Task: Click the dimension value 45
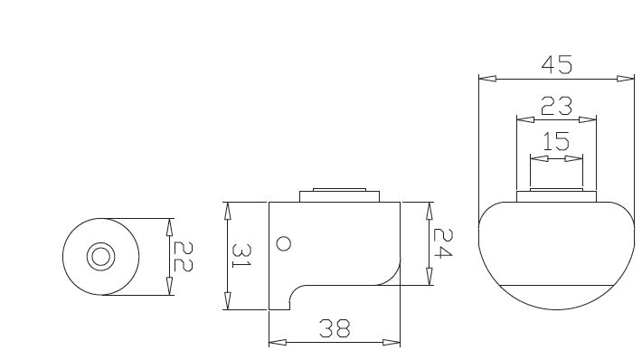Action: [x=556, y=65]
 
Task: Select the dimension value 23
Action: [x=556, y=106]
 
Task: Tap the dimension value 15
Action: [x=556, y=141]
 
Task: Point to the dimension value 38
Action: [x=335, y=328]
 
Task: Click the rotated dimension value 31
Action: [x=241, y=256]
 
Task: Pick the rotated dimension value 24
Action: [x=443, y=243]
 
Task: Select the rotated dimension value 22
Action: [x=183, y=256]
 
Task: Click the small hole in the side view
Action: [x=284, y=243]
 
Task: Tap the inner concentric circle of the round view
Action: [x=100, y=257]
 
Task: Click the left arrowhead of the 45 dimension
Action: [x=487, y=78]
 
